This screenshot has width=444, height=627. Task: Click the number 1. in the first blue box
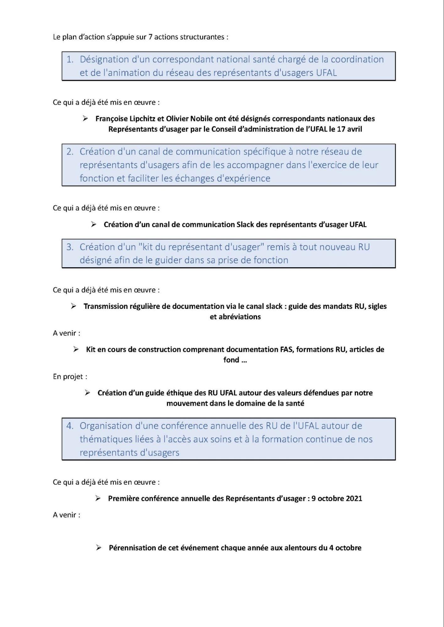coord(70,59)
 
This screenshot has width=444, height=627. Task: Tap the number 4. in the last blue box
coord(70,426)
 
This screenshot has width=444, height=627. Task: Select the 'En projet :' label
coord(70,376)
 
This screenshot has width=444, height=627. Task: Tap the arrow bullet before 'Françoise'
coord(85,119)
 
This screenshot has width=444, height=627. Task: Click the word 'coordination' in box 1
coord(357,59)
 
